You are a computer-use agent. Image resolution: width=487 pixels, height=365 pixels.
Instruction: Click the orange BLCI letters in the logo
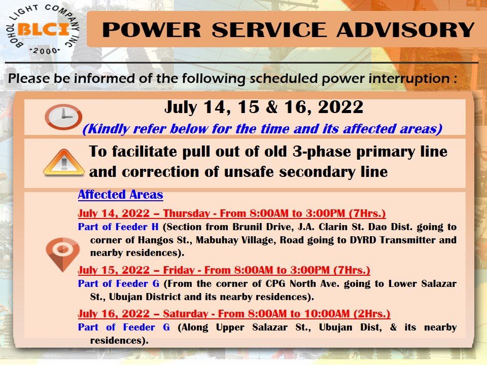click(x=44, y=30)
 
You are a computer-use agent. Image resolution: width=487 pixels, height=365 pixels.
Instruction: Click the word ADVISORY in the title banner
click(x=406, y=30)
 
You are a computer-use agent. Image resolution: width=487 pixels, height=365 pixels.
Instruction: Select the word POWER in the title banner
click(x=152, y=30)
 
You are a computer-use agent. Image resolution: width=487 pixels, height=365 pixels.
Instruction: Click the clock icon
click(x=63, y=117)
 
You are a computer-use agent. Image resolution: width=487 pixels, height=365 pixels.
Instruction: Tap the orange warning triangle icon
click(x=64, y=163)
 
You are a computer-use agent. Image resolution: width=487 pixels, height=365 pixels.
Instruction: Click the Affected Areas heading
click(x=121, y=195)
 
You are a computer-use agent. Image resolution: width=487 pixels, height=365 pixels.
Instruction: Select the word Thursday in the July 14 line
click(x=187, y=213)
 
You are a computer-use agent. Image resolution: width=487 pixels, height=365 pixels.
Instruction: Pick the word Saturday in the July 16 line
click(x=186, y=314)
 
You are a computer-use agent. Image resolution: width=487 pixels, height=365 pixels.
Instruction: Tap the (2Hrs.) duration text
click(x=372, y=314)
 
